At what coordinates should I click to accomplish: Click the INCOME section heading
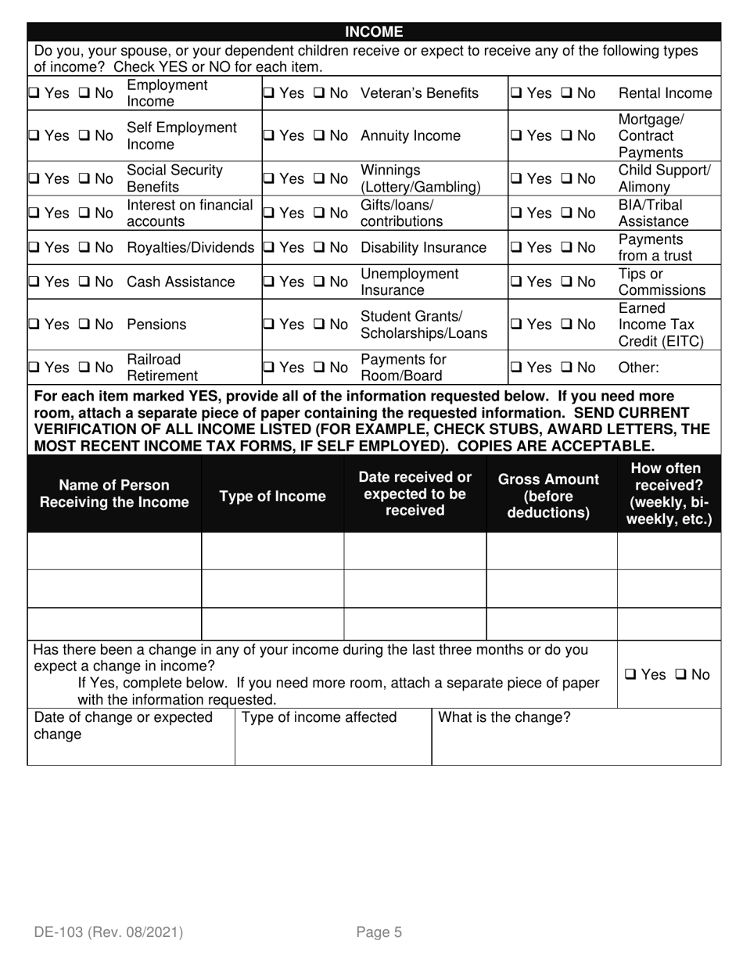click(x=374, y=32)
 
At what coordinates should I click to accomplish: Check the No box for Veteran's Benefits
click(x=320, y=94)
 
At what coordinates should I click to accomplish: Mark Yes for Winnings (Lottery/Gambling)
click(x=267, y=178)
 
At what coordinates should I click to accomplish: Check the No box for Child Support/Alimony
click(x=567, y=178)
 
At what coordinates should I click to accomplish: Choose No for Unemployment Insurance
click(x=320, y=282)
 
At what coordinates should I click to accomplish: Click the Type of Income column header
click(x=272, y=497)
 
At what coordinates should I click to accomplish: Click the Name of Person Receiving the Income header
click(x=114, y=494)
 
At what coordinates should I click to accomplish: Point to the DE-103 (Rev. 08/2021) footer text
click(x=108, y=931)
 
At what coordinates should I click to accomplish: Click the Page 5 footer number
click(x=379, y=931)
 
